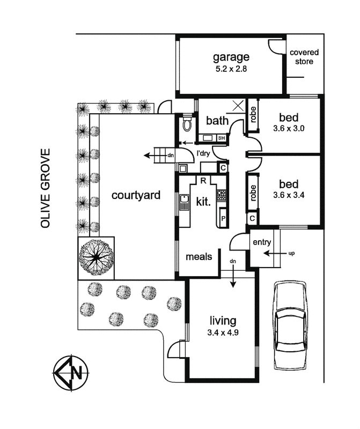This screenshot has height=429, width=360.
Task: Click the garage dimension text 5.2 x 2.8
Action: [231, 69]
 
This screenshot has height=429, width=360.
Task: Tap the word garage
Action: [231, 57]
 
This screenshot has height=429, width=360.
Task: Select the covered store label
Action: [304, 57]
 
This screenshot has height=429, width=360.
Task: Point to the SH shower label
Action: [221, 138]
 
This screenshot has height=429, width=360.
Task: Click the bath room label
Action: [218, 121]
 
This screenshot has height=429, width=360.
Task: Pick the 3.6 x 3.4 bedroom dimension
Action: [289, 195]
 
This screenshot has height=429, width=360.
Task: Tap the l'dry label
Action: [204, 154]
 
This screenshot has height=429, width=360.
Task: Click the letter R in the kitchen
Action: [204, 180]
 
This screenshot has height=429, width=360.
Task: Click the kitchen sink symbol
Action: [184, 203]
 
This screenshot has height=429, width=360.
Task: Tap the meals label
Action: [199, 257]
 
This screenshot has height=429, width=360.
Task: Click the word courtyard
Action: [136, 195]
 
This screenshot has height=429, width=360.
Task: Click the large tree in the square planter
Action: [97, 257]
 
